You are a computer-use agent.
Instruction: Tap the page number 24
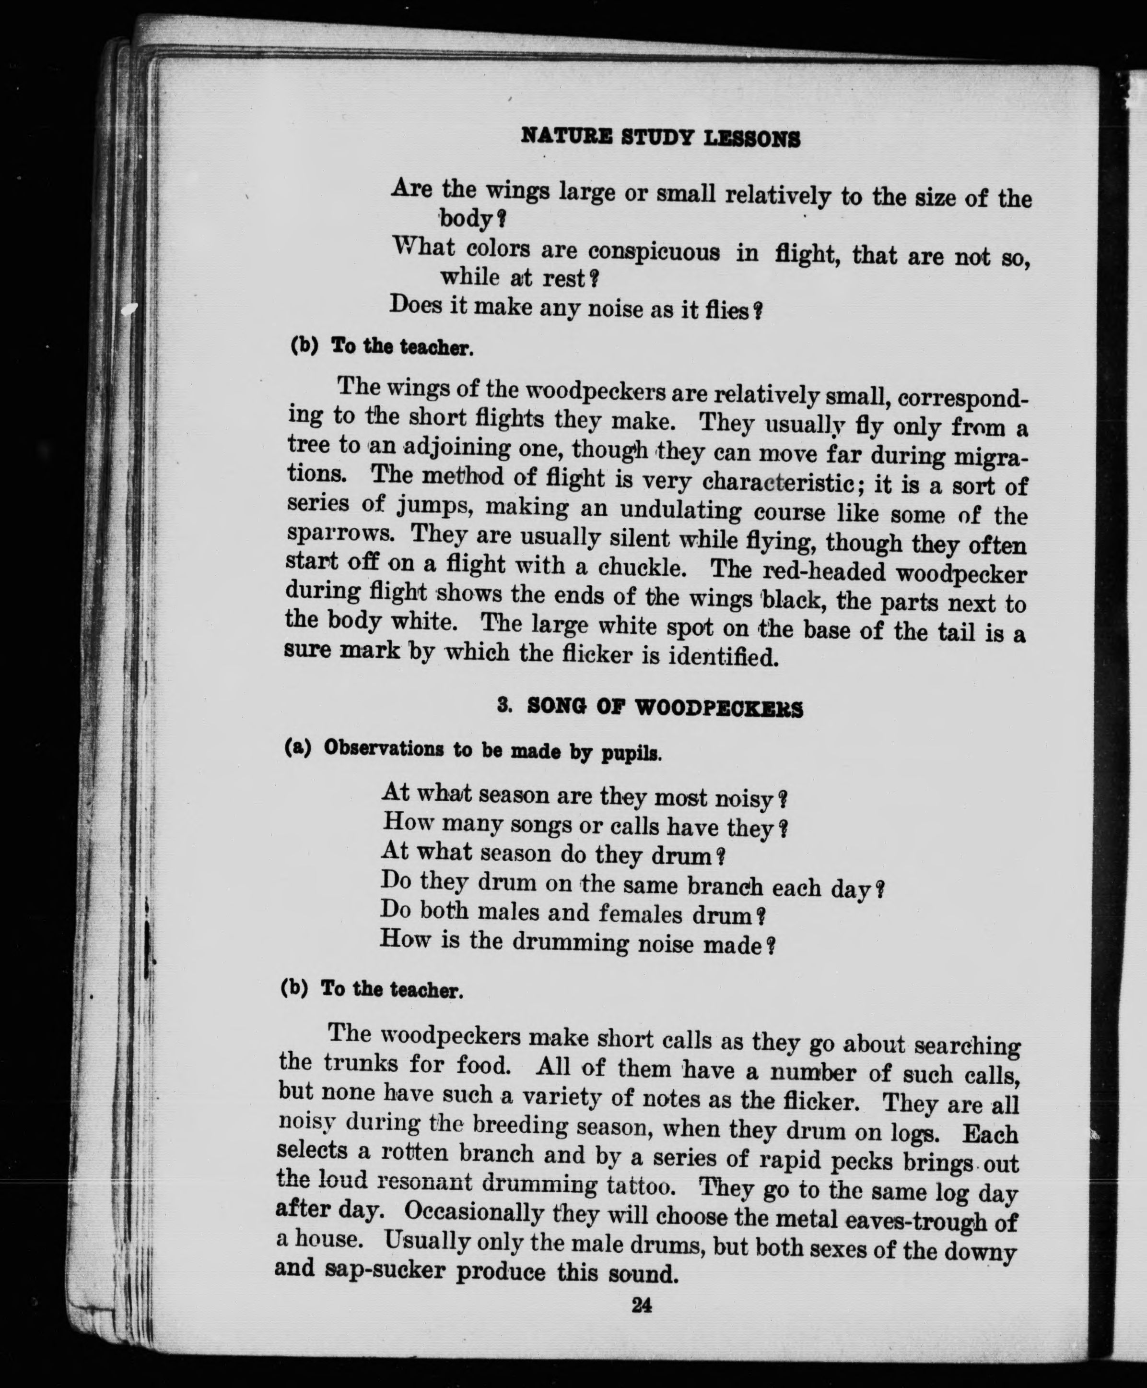pyautogui.click(x=641, y=1306)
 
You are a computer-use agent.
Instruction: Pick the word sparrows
pyautogui.click(x=341, y=533)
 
